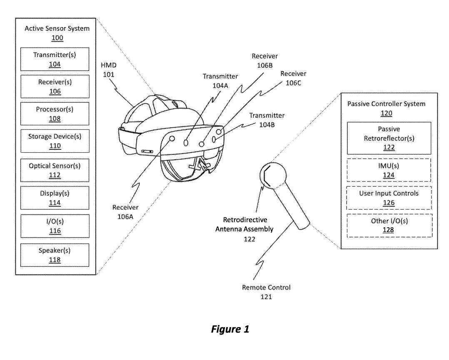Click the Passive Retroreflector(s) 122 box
(389, 138)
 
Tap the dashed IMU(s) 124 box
(389, 170)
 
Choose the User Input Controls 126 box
(389, 198)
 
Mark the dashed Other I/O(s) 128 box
(389, 225)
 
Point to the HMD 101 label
(108, 71)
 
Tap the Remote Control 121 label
(266, 292)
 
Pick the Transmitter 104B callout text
(267, 119)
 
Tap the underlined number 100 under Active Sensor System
(57, 37)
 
